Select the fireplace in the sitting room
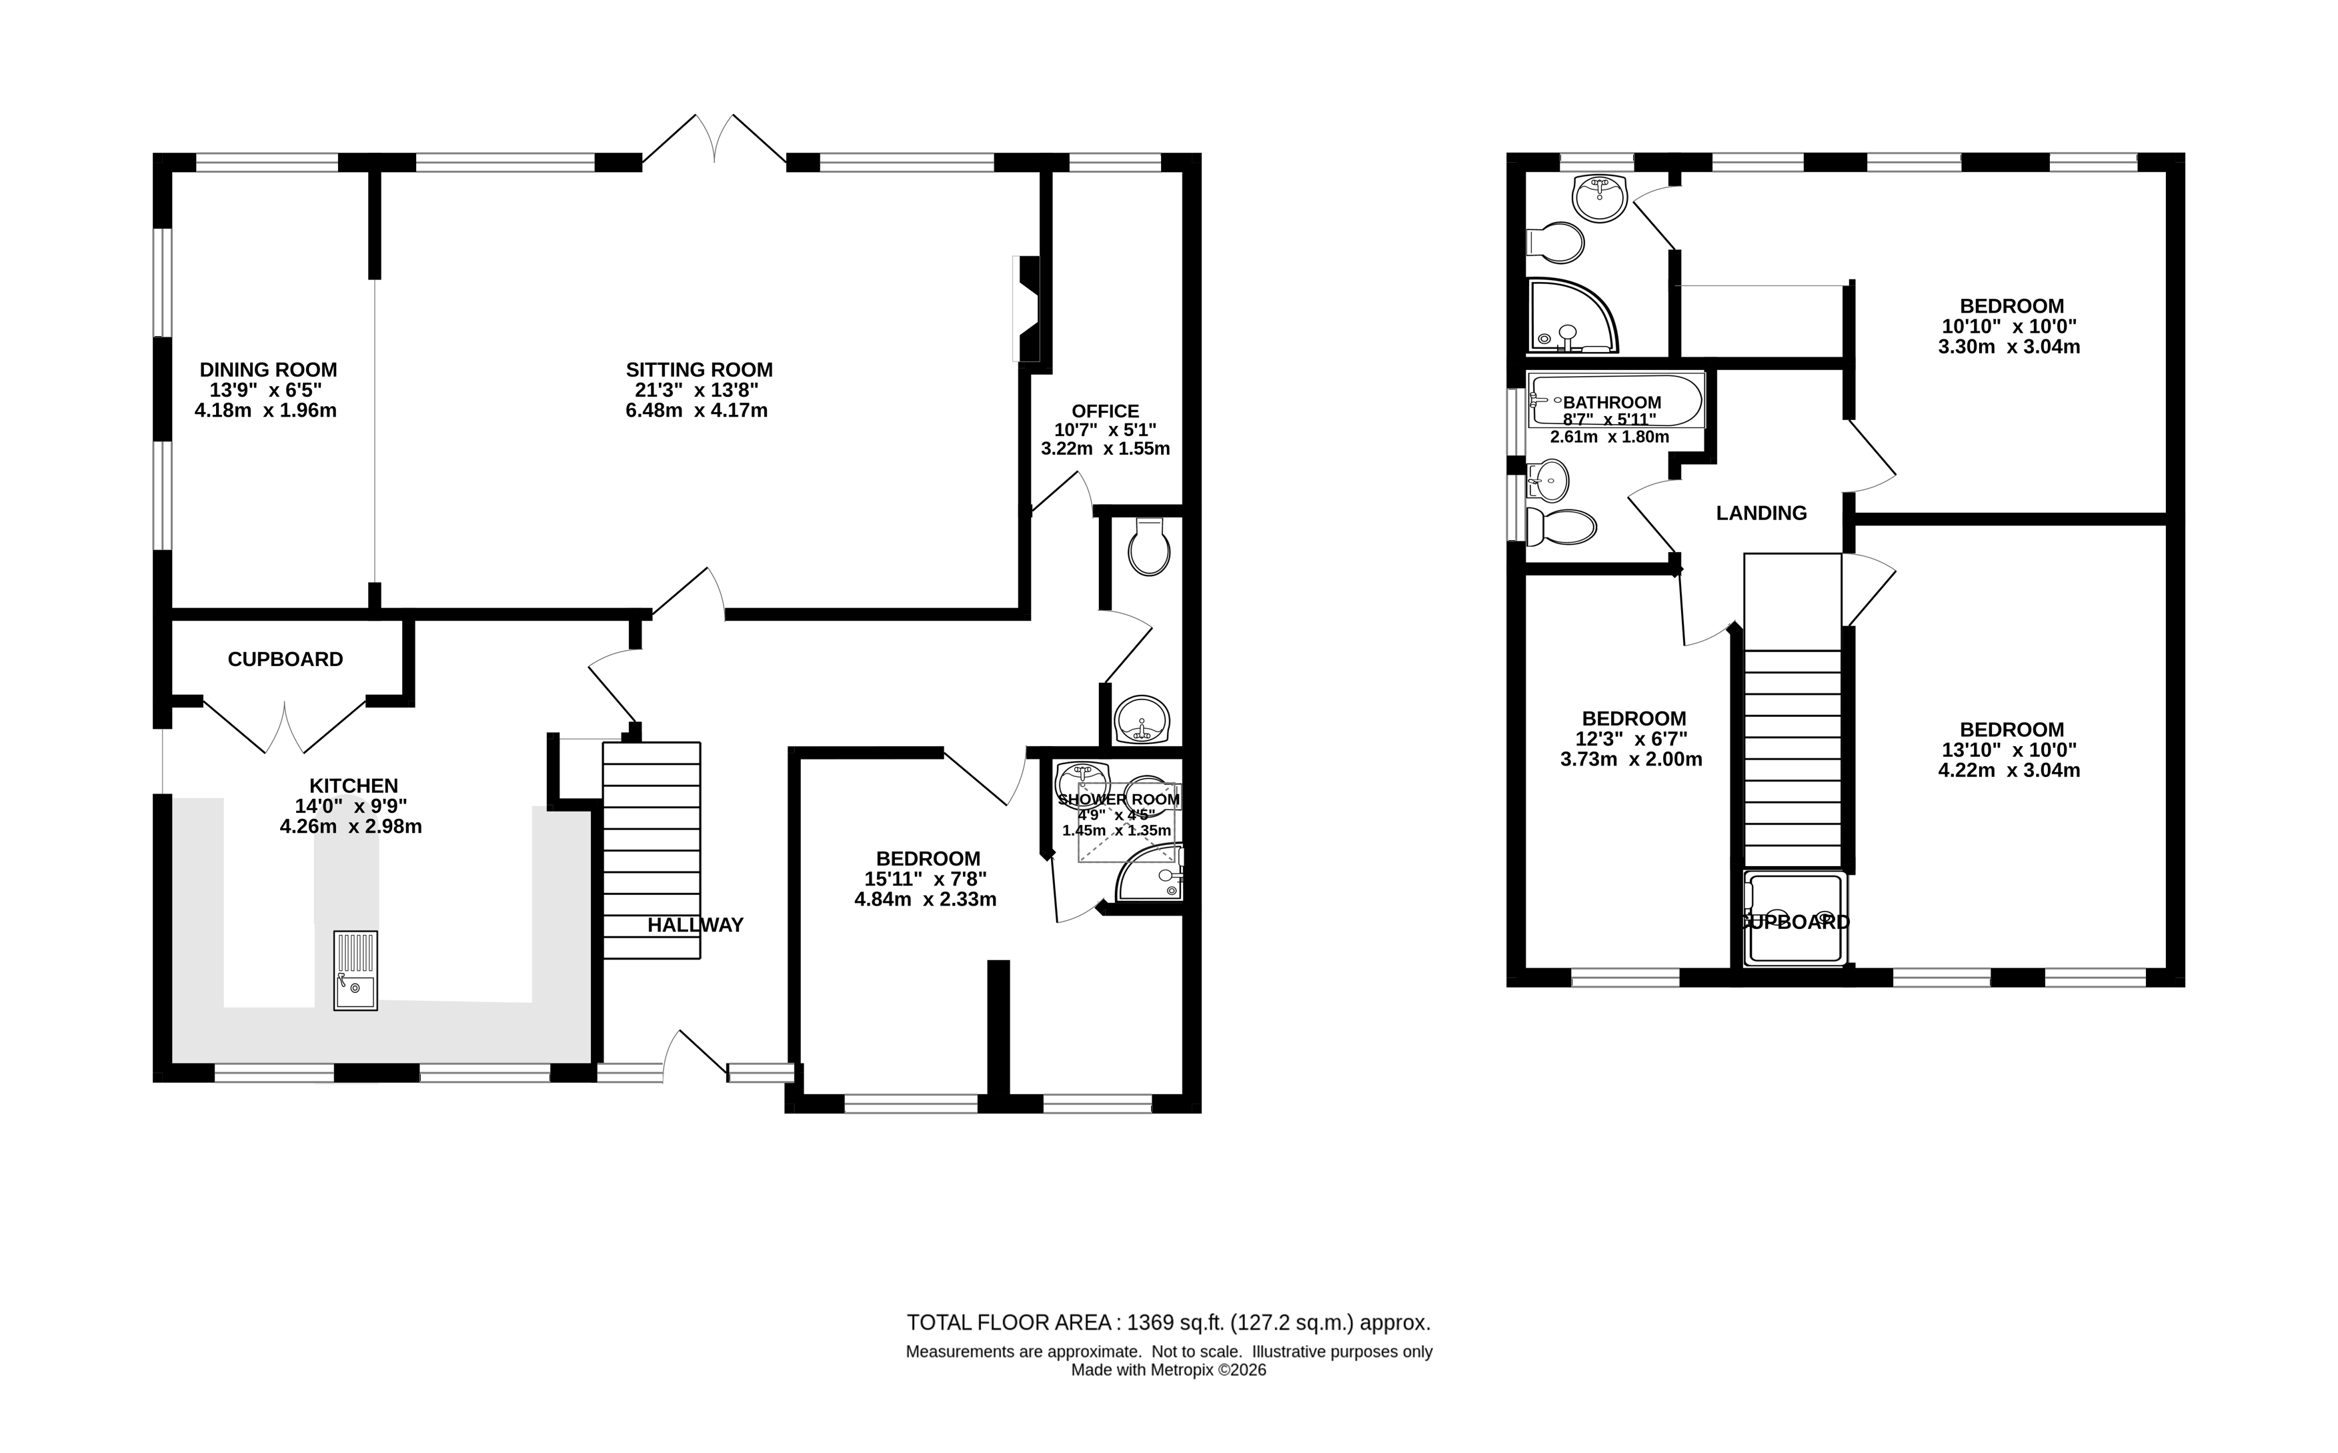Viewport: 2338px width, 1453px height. (1027, 309)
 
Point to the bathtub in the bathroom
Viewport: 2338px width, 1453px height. (1615, 400)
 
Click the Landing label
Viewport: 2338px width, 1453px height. (1761, 513)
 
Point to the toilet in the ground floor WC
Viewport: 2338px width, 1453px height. (1149, 547)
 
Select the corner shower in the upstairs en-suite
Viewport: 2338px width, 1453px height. (1570, 317)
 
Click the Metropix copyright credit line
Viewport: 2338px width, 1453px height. (1168, 1370)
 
